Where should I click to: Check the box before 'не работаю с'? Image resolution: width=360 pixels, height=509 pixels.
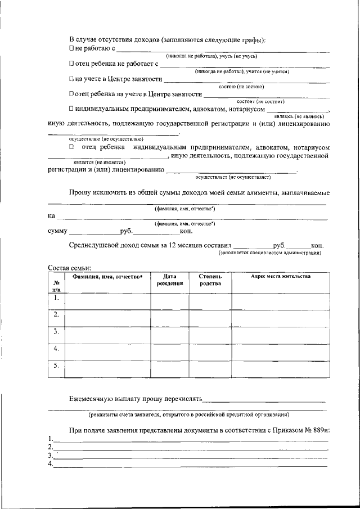[71, 49]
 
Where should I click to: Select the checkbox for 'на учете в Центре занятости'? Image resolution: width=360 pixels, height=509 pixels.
[71, 79]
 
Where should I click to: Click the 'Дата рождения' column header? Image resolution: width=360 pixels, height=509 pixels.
[169, 280]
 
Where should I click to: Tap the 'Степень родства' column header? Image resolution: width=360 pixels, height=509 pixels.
[210, 280]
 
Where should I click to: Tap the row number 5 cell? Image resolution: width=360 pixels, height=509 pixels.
[56, 366]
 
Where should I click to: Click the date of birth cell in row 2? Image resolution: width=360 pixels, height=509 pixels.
[169, 318]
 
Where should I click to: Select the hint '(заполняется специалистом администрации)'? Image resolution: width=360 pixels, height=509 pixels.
[270, 253]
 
